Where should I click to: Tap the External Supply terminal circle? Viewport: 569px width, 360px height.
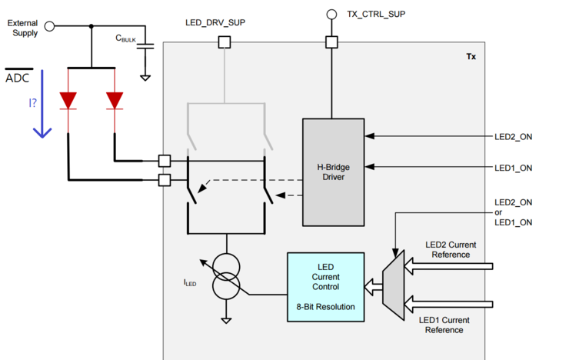50,26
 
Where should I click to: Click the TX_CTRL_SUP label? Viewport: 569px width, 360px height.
376,14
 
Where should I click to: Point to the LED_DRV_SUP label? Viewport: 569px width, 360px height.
216,22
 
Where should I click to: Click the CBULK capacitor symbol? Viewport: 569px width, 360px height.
145,46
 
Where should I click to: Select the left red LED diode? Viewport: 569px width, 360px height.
69,101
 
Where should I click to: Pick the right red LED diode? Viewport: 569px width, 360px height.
115,101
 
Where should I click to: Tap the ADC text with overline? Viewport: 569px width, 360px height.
18,78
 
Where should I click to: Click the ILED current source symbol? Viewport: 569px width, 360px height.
226,277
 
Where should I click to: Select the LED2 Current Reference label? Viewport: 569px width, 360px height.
451,249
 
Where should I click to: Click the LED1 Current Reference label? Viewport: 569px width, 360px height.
445,325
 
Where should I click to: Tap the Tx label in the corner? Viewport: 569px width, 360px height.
471,57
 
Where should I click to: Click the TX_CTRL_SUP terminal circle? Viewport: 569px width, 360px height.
331,14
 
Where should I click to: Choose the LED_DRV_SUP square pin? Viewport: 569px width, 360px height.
225,42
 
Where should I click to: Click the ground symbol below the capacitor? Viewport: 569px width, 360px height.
145,76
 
